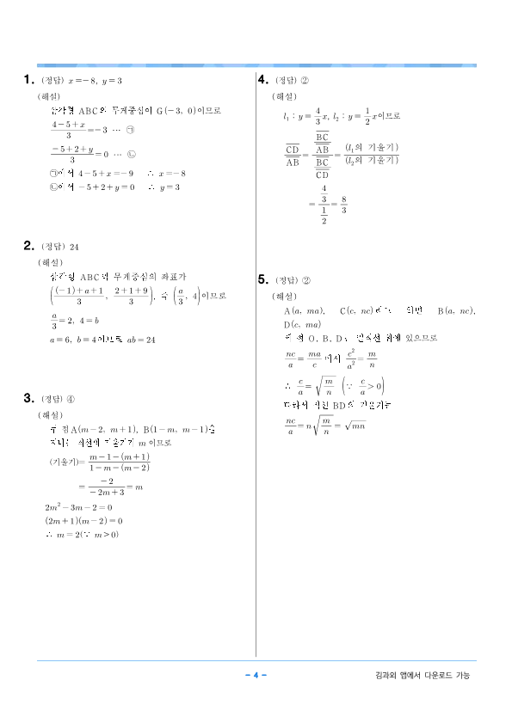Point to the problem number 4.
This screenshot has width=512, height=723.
(264, 80)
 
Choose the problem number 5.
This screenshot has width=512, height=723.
(263, 279)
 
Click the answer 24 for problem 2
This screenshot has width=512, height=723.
(74, 246)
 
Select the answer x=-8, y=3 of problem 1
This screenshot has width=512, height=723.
(96, 81)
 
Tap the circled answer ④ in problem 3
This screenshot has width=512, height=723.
(75, 399)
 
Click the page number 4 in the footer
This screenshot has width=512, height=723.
(256, 675)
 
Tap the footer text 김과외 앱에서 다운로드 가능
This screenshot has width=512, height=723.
(423, 676)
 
